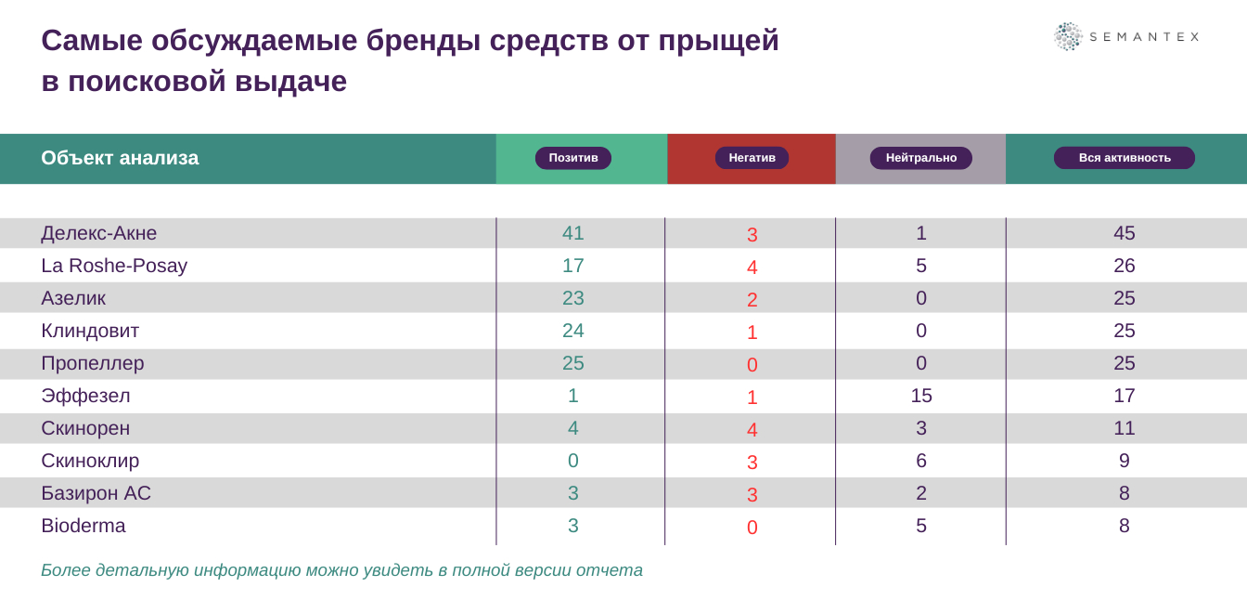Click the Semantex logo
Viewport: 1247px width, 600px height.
[x=1126, y=36]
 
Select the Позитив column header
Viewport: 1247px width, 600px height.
[x=572, y=158]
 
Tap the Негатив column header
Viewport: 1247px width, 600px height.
[x=752, y=158]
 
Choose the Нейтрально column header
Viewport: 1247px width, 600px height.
[x=920, y=158]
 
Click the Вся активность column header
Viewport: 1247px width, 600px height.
[x=1124, y=158]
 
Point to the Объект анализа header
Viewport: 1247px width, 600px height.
[x=120, y=158]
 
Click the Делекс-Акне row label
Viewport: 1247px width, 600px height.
[x=99, y=233]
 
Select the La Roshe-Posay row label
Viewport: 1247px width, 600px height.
[x=114, y=266]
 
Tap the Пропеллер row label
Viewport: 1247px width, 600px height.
[x=93, y=363]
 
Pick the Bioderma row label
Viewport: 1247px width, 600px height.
[x=84, y=526]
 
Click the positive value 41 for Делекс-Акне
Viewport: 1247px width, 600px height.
[x=572, y=233]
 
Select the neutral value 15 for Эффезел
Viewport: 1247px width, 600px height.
[x=920, y=396]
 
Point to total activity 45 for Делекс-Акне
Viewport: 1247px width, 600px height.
[x=1124, y=233]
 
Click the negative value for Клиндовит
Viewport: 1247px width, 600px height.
[x=752, y=333]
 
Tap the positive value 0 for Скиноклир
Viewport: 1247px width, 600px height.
[x=572, y=461]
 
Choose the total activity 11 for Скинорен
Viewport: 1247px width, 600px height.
[x=1124, y=428]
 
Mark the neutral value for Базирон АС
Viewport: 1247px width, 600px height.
[x=920, y=493]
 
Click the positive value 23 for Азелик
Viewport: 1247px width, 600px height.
[x=572, y=298]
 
